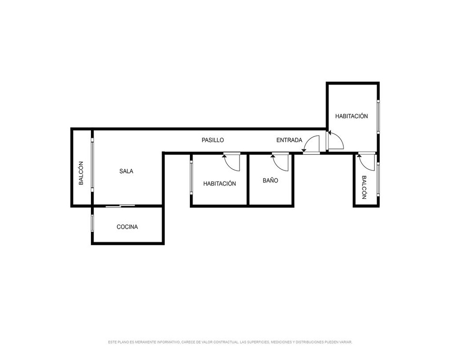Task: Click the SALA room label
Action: tap(126, 171)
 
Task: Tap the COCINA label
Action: tap(127, 227)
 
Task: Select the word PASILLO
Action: tap(213, 140)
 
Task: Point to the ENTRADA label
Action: tap(289, 140)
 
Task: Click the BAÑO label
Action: tap(270, 180)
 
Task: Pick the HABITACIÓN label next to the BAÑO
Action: tap(220, 184)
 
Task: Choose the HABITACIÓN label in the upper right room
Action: tap(351, 116)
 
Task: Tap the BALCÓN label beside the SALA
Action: tap(81, 173)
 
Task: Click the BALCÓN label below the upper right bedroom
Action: tap(364, 187)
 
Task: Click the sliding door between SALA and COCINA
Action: tap(120, 206)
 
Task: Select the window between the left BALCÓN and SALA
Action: tap(92, 165)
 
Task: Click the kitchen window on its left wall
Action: tap(92, 223)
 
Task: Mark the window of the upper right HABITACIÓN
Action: tap(378, 116)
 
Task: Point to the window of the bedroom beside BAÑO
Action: tap(191, 177)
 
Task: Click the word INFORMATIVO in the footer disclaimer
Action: tap(168, 342)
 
